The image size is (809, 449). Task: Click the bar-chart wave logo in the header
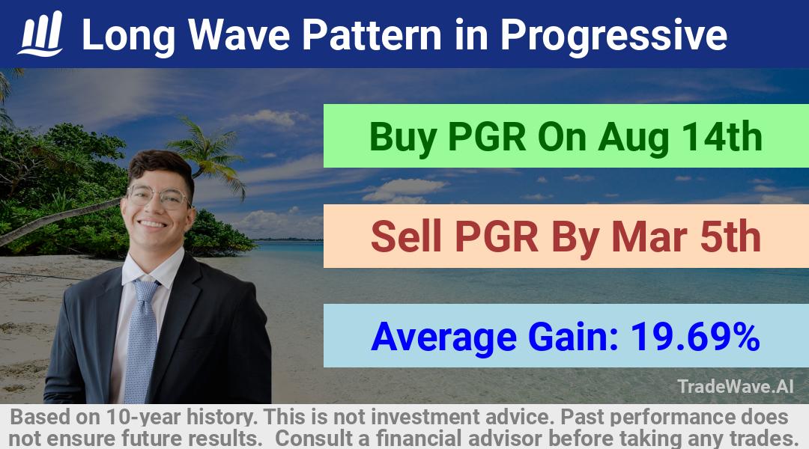[x=40, y=34]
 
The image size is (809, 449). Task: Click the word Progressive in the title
[x=613, y=36]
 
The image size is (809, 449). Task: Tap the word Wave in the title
[x=238, y=35]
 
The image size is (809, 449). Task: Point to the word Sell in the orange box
[x=406, y=236]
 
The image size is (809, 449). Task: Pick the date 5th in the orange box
[x=730, y=236]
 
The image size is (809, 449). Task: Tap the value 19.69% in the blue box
[x=695, y=337]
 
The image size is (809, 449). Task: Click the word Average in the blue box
[x=443, y=337]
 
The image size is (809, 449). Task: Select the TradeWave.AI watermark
[x=736, y=386]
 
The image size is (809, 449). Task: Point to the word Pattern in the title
[x=371, y=35]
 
